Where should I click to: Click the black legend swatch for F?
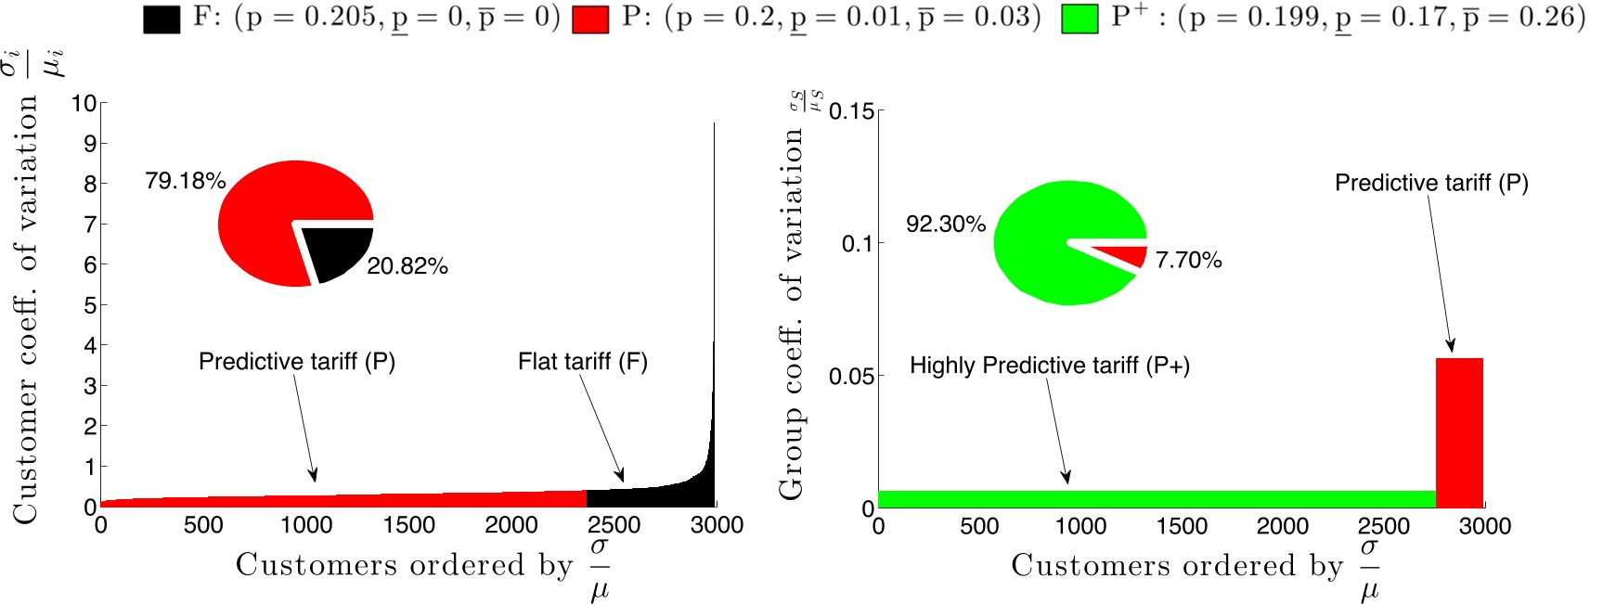pos(162,19)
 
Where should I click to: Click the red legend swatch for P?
pos(590,19)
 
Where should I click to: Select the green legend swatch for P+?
pos(1079,19)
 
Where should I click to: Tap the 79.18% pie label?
pos(185,181)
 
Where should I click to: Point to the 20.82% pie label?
pos(407,267)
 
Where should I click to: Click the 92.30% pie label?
pos(945,225)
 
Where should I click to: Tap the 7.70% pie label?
pos(1188,261)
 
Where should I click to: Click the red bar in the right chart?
pos(1459,432)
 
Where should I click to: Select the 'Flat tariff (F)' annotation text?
pos(582,362)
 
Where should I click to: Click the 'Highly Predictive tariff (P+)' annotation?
pos(1049,366)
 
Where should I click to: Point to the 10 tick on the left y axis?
pos(84,103)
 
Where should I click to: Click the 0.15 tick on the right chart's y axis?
pos(851,112)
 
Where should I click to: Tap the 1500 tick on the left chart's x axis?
pos(408,525)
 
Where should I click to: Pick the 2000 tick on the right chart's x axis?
pos(1282,527)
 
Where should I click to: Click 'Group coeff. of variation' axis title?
pos(791,314)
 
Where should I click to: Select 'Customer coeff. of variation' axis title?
pos(26,309)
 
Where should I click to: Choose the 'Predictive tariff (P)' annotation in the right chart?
pos(1430,184)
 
